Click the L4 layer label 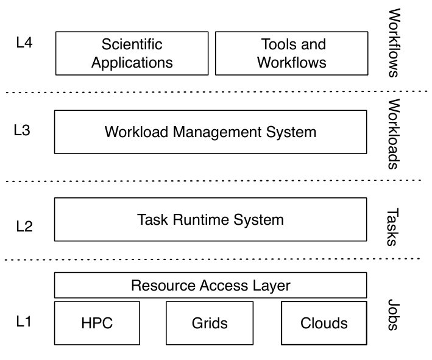pos(24,43)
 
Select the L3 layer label pos(22,130)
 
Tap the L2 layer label pos(24,227)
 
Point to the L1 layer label pos(23,321)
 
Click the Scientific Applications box pos(132,53)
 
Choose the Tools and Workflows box pos(291,53)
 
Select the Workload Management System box pos(210,132)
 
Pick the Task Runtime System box pos(210,219)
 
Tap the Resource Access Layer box pos(210,285)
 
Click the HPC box pos(97,323)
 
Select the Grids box pos(210,323)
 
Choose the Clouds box pos(324,323)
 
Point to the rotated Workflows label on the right pos(394,43)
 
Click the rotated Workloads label pos(394,134)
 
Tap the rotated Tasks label pos(392,227)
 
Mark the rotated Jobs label pos(394,315)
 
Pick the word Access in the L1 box pos(224,285)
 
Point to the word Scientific pos(132,44)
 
